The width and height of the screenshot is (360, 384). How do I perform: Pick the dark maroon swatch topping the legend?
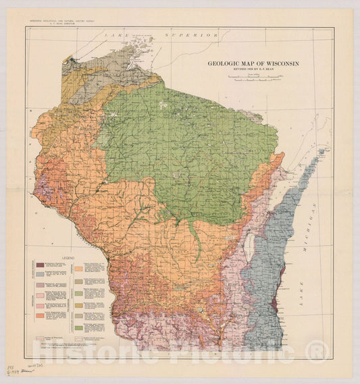pos(41,265)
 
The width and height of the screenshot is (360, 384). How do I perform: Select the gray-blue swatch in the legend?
pos(41,274)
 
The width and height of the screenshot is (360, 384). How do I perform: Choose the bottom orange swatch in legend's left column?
pos(41,314)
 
